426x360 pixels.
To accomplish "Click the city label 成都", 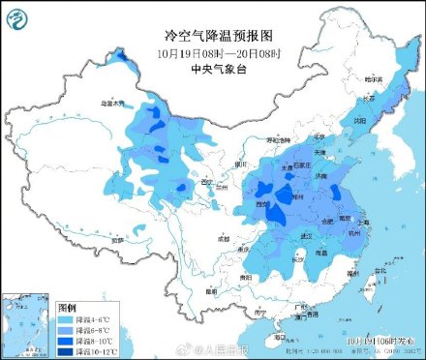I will point(225,237).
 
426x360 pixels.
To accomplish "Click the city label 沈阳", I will point(360,121).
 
